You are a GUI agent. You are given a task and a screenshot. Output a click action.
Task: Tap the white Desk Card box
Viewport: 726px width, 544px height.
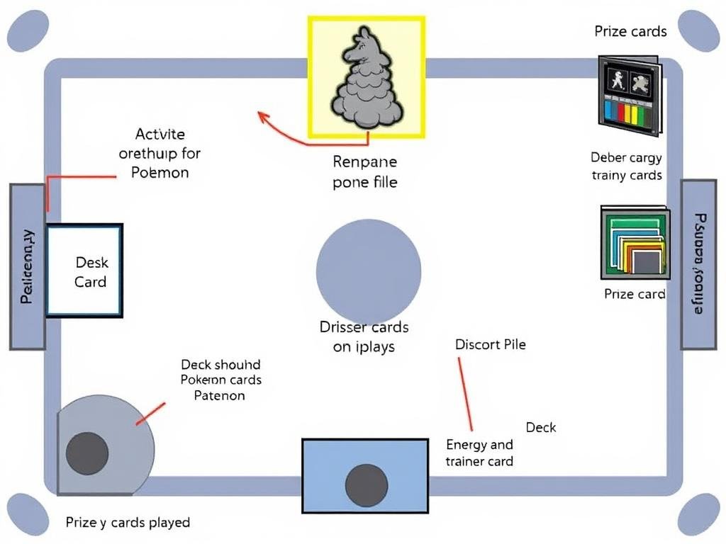click(x=85, y=270)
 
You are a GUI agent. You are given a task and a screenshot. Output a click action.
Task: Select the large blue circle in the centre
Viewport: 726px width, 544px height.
click(x=368, y=270)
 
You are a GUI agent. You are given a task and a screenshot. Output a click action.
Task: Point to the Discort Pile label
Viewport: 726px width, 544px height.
click(x=490, y=345)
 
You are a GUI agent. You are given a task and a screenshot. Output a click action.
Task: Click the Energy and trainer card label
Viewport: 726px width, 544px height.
click(x=479, y=453)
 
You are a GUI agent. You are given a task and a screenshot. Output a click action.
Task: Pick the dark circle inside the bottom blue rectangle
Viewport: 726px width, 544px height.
click(x=366, y=485)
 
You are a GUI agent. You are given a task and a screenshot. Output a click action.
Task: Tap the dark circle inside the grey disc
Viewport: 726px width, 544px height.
click(x=87, y=451)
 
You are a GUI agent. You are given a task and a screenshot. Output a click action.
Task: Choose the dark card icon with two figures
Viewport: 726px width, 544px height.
click(x=629, y=95)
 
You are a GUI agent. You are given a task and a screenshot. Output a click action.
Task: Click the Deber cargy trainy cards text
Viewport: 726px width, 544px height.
click(x=626, y=166)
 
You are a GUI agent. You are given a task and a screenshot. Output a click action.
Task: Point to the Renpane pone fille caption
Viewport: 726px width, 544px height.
click(x=364, y=172)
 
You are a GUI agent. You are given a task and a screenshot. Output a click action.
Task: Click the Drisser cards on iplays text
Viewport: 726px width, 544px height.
click(x=364, y=336)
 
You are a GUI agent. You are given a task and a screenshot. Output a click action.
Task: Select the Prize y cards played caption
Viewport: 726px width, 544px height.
click(x=128, y=523)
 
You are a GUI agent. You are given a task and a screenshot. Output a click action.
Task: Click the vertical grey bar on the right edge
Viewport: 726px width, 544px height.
click(x=698, y=264)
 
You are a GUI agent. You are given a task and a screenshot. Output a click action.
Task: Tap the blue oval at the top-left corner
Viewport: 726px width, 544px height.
click(x=27, y=30)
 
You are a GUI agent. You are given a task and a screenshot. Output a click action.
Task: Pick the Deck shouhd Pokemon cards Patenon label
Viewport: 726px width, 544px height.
click(x=220, y=380)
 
